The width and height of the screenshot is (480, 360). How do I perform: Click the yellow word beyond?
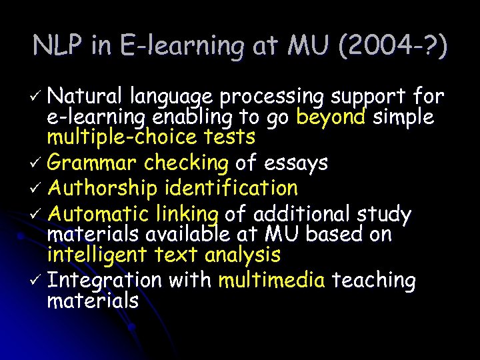tap(331, 118)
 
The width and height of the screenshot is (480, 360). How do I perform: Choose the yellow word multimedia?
tap(272, 280)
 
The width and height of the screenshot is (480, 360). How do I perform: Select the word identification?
tap(229, 189)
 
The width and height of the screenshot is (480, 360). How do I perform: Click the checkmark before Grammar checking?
tap(37, 163)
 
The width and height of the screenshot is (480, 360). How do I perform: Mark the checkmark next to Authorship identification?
tap(37, 189)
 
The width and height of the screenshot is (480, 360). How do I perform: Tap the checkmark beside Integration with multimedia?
tap(37, 281)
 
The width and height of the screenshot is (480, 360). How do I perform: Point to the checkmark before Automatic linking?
tap(37, 215)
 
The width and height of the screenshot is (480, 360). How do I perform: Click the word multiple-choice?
tap(115, 138)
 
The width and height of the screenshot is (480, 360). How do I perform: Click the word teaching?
tap(373, 280)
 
